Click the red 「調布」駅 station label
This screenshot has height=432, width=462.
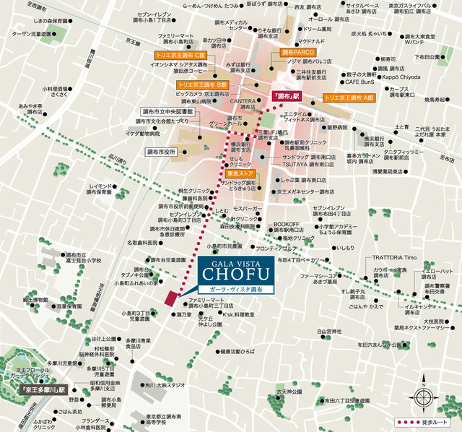pos(286,96)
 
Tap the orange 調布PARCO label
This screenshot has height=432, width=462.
pos(297,53)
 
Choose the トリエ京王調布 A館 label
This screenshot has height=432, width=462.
pos(350,96)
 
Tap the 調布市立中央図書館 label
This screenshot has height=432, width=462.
pos(167,111)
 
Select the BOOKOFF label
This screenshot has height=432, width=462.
pos(286,224)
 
